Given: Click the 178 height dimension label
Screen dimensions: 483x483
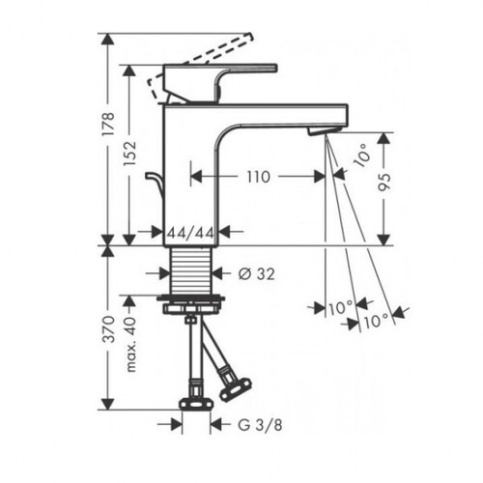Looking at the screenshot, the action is pyautogui.click(x=108, y=124).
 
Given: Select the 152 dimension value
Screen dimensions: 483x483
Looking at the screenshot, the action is pyautogui.click(x=129, y=154).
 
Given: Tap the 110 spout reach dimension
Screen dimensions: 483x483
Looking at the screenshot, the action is pyautogui.click(x=258, y=177).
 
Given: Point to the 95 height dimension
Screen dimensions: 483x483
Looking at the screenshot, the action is pyautogui.click(x=384, y=183).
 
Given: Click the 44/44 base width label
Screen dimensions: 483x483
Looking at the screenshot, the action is pyautogui.click(x=190, y=233).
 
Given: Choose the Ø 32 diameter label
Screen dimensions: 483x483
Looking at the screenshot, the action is pyautogui.click(x=257, y=274).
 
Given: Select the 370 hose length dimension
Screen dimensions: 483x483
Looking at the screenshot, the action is pyautogui.click(x=108, y=329).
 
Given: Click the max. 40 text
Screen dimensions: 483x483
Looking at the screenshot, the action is pyautogui.click(x=129, y=345).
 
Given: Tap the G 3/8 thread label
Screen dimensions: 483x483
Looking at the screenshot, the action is pyautogui.click(x=260, y=425).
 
